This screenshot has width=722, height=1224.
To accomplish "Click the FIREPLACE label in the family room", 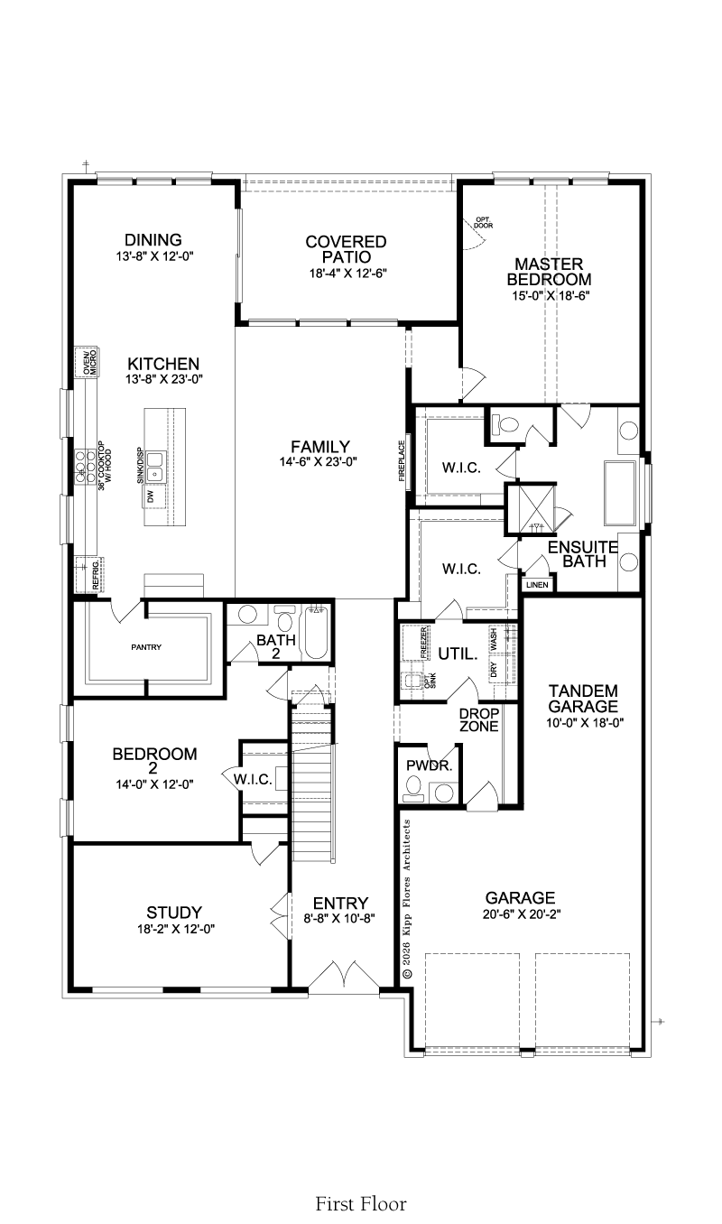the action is [402, 460].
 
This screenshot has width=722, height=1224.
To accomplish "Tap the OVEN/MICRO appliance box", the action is [87, 362].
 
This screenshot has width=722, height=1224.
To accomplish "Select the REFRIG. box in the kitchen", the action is [89, 574].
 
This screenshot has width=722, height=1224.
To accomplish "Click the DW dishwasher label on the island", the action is [150, 496].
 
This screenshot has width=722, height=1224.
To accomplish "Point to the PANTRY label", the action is [146, 647].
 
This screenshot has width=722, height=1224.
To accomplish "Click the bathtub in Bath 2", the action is [315, 633].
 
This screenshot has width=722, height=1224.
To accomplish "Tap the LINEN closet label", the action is [537, 585].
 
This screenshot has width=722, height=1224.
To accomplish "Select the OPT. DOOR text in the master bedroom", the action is [484, 223].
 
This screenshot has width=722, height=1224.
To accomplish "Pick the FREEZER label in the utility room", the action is [424, 643].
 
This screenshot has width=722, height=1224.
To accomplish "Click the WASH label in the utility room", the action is [494, 639].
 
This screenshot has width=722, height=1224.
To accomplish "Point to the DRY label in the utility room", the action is [494, 670].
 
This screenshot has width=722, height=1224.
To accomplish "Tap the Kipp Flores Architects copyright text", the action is [406, 899].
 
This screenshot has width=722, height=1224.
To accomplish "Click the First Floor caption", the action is [361, 1203].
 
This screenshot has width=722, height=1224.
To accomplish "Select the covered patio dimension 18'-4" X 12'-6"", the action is [348, 274].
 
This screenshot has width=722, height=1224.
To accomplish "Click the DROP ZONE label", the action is [479, 719].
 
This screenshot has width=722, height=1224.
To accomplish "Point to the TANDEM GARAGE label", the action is [583, 699].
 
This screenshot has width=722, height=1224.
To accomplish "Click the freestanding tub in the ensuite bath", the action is [620, 494].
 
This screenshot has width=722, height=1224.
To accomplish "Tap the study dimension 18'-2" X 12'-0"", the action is [176, 929].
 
